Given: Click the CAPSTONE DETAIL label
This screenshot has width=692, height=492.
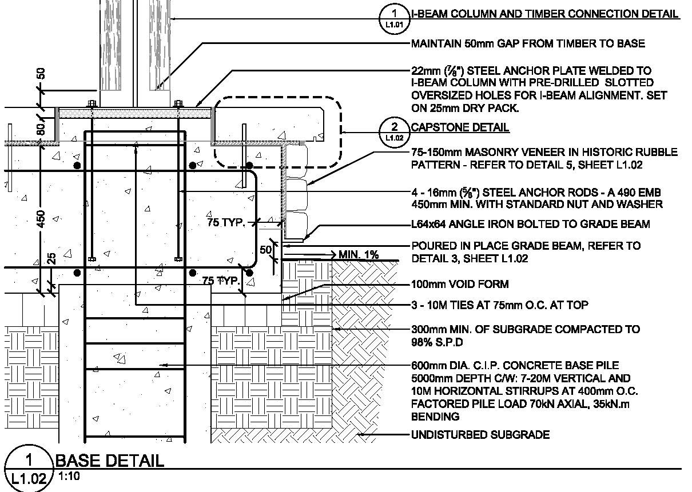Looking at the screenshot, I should coord(460,127).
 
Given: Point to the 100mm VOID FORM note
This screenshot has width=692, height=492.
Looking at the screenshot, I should coord(460,284).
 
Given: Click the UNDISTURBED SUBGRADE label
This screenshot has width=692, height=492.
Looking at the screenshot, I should coord(480,435).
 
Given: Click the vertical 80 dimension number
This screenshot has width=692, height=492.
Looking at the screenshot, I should coord(41,129).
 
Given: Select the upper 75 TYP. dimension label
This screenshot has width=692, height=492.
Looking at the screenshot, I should coord(225,223).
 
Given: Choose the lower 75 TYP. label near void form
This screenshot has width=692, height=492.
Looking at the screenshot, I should coord(221,281).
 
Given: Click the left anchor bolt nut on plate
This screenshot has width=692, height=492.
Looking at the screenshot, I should coord(91,104).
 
